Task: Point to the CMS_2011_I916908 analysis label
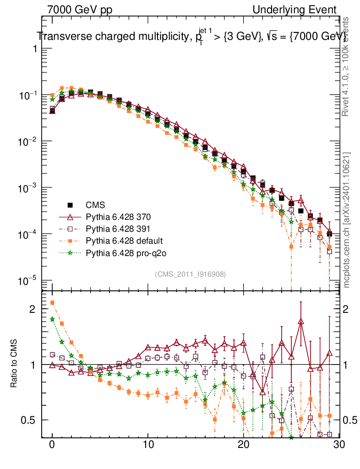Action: pos(190,274)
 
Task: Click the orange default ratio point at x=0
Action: pos(52,303)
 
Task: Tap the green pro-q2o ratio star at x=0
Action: pos(52,319)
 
